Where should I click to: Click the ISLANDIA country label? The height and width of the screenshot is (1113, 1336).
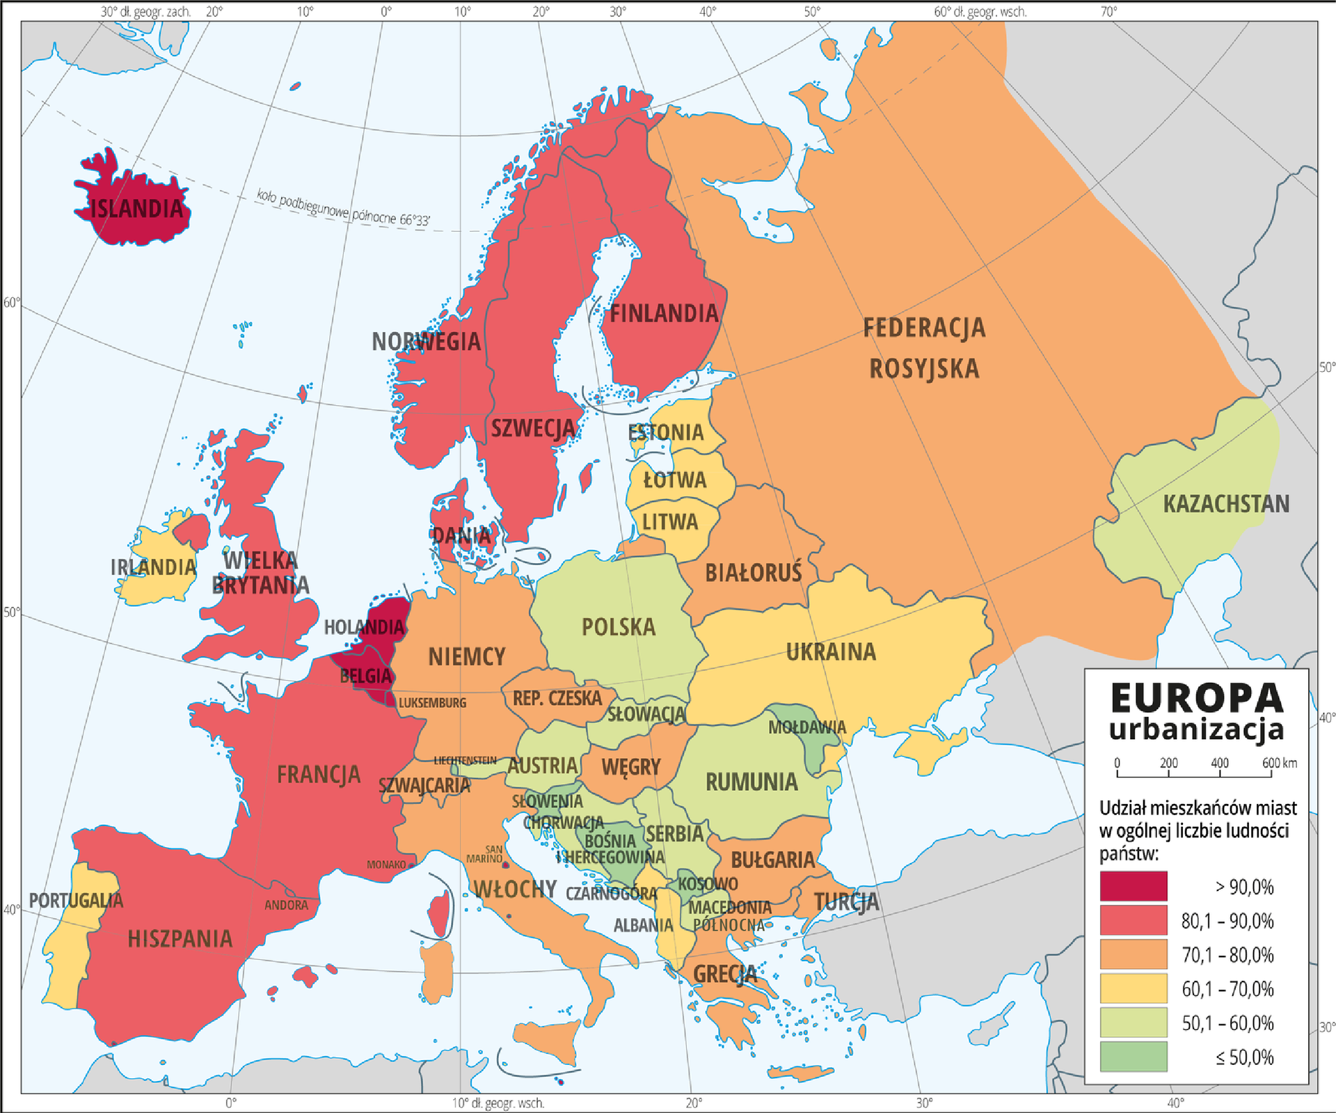[136, 208]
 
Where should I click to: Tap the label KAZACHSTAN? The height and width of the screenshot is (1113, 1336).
[1226, 504]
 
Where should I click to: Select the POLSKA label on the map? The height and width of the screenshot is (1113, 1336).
[619, 627]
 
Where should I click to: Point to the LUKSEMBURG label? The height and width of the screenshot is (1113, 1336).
[432, 703]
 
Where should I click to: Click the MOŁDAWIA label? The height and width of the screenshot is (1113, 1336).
[806, 727]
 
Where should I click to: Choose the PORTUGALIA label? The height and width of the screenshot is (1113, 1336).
[76, 901]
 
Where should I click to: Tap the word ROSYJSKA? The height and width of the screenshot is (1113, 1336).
[924, 369]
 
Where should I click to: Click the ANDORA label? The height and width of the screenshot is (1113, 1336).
[286, 906]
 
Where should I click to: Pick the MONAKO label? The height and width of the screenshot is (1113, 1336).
[386, 865]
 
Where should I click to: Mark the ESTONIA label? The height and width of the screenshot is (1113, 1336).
[666, 432]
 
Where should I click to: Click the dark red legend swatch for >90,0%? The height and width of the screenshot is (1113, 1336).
[1133, 886]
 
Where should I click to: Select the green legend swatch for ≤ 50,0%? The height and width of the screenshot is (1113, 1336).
[1133, 1057]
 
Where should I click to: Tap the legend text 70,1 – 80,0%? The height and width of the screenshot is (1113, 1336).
[1227, 955]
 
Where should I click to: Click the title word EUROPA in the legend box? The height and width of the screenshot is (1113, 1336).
[1196, 698]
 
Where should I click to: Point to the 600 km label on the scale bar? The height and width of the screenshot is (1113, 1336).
[1279, 763]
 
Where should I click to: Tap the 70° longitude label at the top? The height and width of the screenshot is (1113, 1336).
[1108, 12]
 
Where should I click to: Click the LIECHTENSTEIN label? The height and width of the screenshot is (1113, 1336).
[465, 760]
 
